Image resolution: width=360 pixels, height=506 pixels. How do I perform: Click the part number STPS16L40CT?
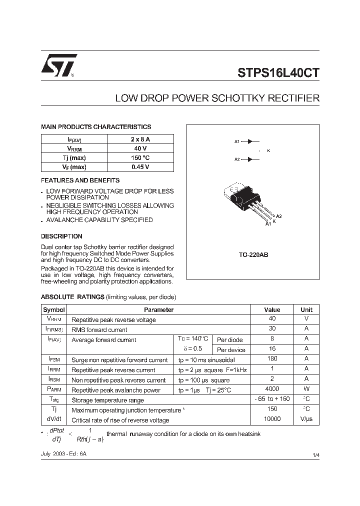click(x=278, y=72)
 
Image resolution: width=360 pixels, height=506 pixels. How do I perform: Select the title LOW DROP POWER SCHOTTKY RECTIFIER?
click(x=217, y=98)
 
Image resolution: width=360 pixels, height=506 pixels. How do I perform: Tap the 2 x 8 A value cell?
click(x=140, y=139)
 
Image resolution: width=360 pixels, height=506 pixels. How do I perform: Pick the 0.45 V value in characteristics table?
click(x=140, y=167)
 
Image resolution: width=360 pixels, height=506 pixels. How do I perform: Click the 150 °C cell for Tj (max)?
click(x=140, y=158)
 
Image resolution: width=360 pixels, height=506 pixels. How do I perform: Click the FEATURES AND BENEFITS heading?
click(x=80, y=180)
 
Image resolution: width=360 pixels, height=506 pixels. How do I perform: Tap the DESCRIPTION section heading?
click(x=61, y=236)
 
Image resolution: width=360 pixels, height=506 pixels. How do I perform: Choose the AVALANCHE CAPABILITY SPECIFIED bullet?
click(x=99, y=220)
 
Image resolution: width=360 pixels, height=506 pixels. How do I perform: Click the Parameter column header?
click(x=158, y=310)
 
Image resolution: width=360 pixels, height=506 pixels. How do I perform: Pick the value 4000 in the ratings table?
click(x=272, y=389)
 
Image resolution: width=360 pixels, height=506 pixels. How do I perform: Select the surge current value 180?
click(x=272, y=359)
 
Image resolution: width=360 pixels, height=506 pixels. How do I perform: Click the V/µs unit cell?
click(x=306, y=419)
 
